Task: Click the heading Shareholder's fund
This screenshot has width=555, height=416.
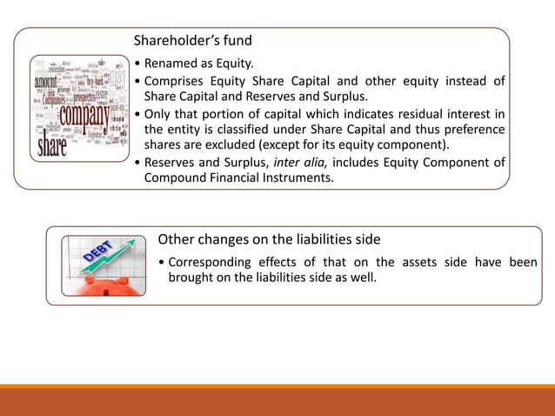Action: tap(192, 41)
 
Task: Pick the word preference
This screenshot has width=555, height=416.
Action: tap(472, 129)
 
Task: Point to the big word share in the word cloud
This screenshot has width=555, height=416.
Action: tap(50, 144)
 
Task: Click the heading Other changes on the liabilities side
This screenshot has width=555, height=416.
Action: tap(269, 238)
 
